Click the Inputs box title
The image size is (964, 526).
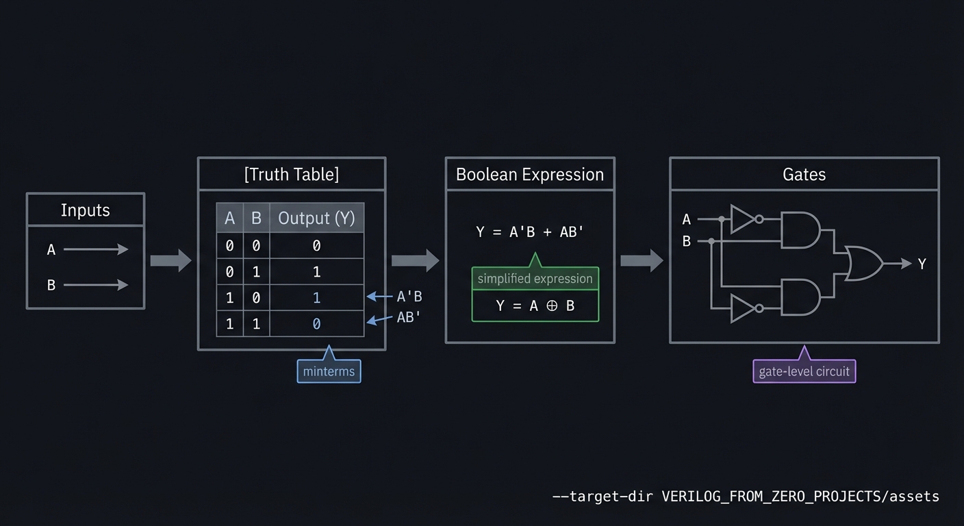pyautogui.click(x=85, y=210)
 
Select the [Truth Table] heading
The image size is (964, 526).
pyautogui.click(x=291, y=174)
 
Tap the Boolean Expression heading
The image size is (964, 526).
pyautogui.click(x=529, y=175)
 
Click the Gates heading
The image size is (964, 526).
pyautogui.click(x=804, y=175)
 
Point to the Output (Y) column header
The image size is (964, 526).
pyautogui.click(x=316, y=218)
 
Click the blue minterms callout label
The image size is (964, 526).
pyautogui.click(x=329, y=371)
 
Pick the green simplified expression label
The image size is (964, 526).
pyautogui.click(x=535, y=279)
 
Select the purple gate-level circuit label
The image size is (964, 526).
pyautogui.click(x=804, y=371)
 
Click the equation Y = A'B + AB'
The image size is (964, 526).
pyautogui.click(x=529, y=231)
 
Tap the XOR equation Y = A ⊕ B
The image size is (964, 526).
pyautogui.click(x=535, y=305)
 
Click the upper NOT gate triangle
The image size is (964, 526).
pyautogui.click(x=743, y=219)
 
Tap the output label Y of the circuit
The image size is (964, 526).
pyautogui.click(x=922, y=264)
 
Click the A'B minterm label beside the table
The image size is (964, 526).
pyautogui.click(x=409, y=297)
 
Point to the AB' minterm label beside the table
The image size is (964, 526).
pyautogui.click(x=409, y=317)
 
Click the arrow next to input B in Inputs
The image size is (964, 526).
pyautogui.click(x=96, y=285)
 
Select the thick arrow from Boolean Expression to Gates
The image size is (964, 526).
pyautogui.click(x=642, y=260)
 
